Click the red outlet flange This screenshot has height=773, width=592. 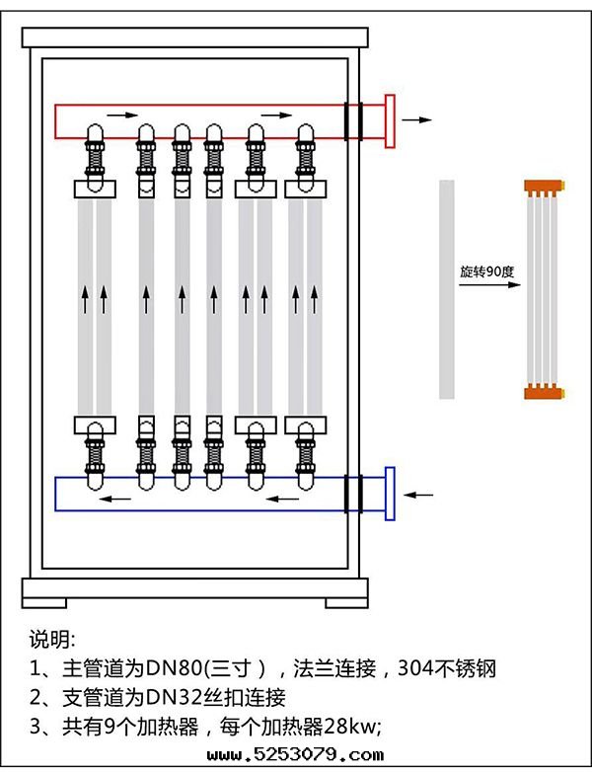(x=390, y=120)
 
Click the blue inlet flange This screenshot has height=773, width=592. (x=390, y=493)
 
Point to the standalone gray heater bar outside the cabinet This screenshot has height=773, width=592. (x=447, y=289)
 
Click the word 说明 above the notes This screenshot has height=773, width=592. (x=50, y=638)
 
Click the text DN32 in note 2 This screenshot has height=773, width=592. (x=155, y=698)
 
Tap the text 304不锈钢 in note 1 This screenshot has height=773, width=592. (x=446, y=668)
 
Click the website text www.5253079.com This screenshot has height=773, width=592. (x=296, y=756)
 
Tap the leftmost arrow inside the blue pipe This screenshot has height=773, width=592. (x=117, y=498)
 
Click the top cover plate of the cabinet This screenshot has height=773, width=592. (x=195, y=38)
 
